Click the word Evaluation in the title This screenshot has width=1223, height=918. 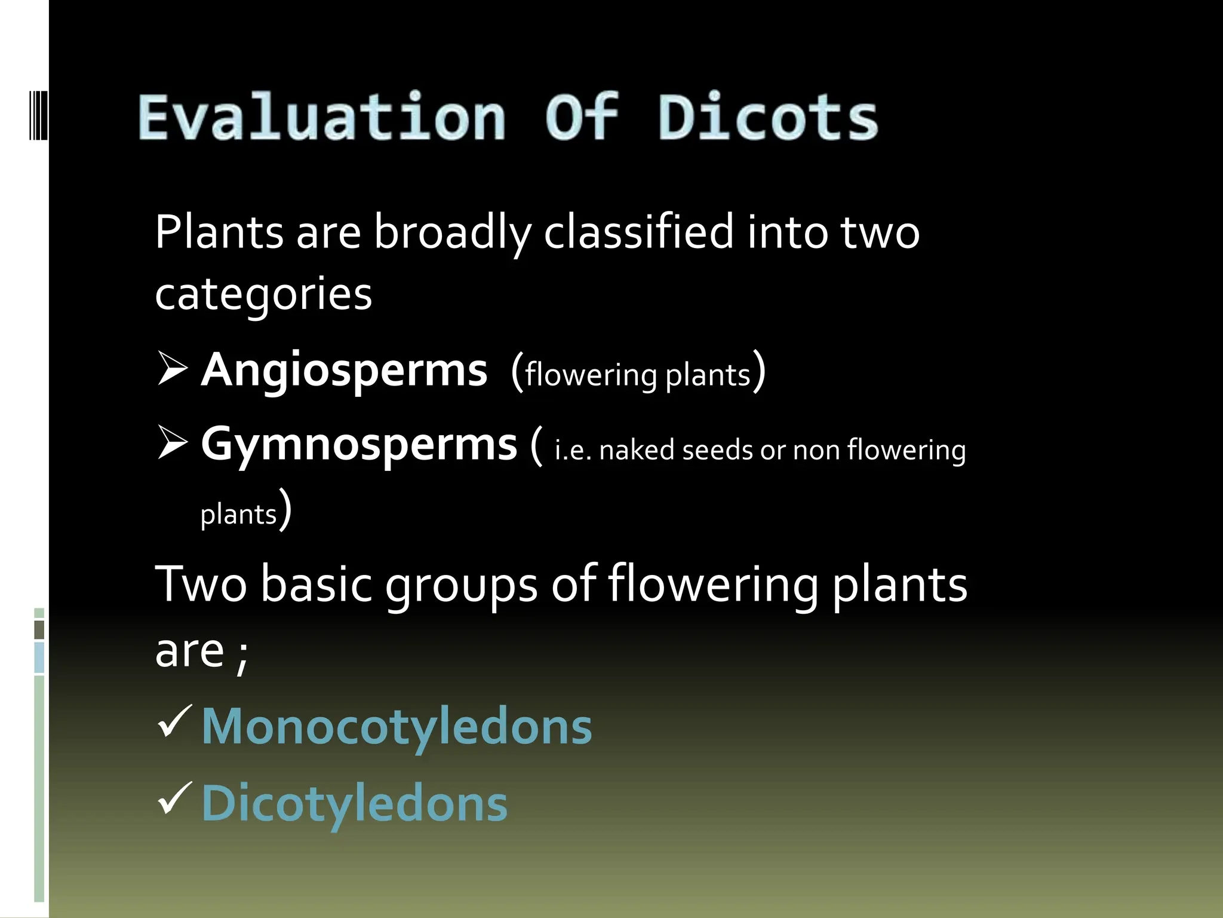322,118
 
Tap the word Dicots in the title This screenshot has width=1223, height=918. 768,118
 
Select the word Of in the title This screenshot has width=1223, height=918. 581,118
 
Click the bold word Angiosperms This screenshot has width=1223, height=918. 344,371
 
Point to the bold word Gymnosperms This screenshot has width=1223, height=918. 359,445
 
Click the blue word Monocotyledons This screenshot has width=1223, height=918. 397,727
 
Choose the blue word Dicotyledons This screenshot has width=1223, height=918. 354,803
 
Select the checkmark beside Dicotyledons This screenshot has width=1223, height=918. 174,798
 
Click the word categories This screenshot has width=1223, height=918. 263,294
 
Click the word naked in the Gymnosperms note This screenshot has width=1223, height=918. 637,450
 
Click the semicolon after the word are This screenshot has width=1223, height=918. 242,656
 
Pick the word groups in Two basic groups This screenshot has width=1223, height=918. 461,585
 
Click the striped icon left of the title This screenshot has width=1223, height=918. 38,115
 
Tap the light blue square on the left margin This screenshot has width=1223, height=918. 39,657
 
